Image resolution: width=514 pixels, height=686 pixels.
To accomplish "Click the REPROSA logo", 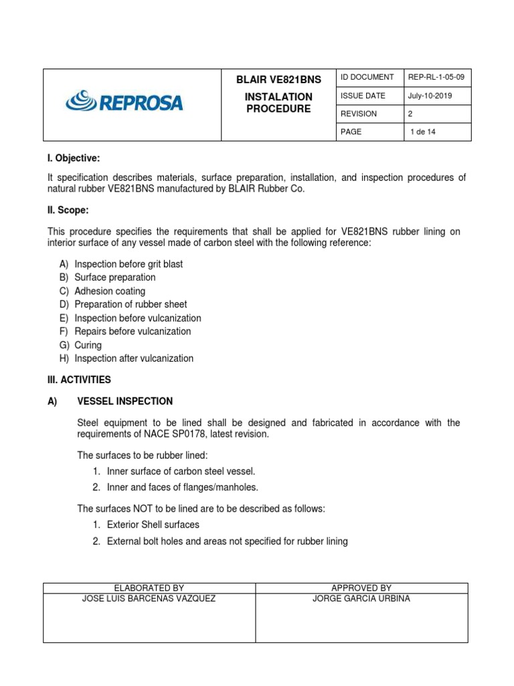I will (124, 102).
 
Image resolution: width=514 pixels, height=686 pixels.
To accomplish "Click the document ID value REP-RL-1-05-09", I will (436, 78).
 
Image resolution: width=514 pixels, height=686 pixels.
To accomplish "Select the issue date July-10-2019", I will (430, 96).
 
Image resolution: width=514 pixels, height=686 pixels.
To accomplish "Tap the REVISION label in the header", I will (359, 114).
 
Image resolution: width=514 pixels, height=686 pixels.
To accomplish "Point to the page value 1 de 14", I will (422, 132).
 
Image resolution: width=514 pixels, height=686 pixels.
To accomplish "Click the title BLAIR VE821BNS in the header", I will (278, 80).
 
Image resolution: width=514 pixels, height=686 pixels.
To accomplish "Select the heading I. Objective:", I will (73, 158).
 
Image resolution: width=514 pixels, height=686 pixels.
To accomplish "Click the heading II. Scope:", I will (68, 210).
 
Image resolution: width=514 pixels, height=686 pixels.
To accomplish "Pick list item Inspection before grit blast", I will (128, 264).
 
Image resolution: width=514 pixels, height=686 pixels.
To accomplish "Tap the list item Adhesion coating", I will (110, 291).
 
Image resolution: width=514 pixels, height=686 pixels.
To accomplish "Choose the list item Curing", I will (88, 345).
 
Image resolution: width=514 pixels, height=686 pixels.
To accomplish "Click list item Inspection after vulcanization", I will (134, 358).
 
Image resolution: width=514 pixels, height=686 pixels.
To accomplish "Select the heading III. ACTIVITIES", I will (79, 380).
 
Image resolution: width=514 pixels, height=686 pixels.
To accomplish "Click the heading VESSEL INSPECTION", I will (125, 401).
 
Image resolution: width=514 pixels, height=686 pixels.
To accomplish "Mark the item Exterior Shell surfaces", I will (153, 525).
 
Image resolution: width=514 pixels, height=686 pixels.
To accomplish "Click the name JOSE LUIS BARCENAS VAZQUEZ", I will (149, 598).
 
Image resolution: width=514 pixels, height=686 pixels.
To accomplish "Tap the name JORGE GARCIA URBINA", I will (361, 598).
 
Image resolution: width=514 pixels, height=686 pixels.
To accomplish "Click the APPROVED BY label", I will (361, 588).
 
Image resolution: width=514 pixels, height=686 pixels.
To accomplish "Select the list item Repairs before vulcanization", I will (133, 332).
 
